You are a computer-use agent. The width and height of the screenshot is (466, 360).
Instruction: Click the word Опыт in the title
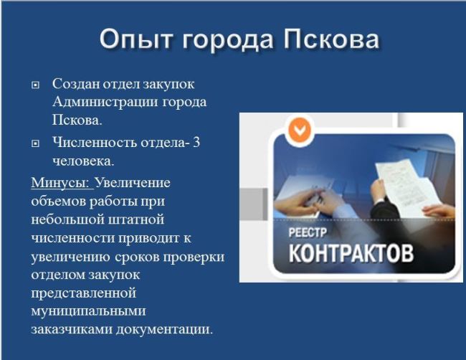(135, 39)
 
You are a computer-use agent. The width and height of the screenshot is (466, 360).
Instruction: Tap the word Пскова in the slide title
(331, 39)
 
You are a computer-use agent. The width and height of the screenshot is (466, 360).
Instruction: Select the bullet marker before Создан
(35, 85)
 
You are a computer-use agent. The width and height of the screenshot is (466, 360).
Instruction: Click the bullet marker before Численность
(35, 144)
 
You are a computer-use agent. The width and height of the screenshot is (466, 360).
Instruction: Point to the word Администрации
(105, 103)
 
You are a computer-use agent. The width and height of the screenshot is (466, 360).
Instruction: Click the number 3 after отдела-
(196, 143)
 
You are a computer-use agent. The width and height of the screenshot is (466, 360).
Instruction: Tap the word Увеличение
(133, 182)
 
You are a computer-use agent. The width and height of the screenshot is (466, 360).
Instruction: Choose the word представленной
(84, 293)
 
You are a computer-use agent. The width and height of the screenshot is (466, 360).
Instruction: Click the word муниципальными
(89, 311)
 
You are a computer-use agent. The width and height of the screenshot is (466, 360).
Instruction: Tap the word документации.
(164, 329)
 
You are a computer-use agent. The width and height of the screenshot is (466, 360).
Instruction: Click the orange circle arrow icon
(300, 130)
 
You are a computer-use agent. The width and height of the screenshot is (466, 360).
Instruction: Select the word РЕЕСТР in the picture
(308, 232)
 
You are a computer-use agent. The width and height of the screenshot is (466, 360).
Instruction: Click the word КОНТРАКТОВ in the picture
(351, 253)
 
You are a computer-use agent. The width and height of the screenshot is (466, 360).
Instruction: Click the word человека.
(83, 161)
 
